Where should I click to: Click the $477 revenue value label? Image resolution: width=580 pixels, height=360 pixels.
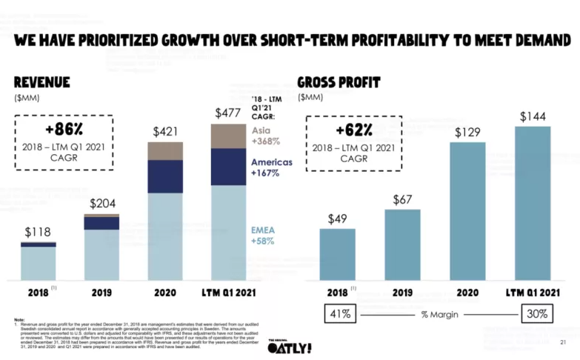[228, 113]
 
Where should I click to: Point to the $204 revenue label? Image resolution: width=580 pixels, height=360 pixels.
[102, 204]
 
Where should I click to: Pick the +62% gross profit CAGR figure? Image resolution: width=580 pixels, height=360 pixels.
[353, 130]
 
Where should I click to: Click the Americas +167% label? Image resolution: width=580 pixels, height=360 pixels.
[271, 167]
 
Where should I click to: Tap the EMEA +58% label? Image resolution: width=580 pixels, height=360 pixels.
[264, 236]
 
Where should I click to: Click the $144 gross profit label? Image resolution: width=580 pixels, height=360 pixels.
[533, 116]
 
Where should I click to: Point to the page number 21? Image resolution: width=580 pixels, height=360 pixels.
[562, 342]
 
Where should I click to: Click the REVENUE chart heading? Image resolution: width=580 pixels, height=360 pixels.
[41, 82]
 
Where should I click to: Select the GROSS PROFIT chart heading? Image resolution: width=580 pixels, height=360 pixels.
[339, 82]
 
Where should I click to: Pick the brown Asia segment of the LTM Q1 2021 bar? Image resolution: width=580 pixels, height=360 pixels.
[228, 136]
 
